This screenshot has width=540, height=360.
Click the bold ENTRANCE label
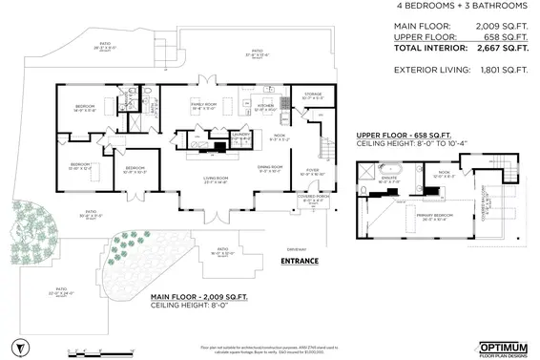[300, 260]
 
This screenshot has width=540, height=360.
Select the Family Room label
[207, 106]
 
